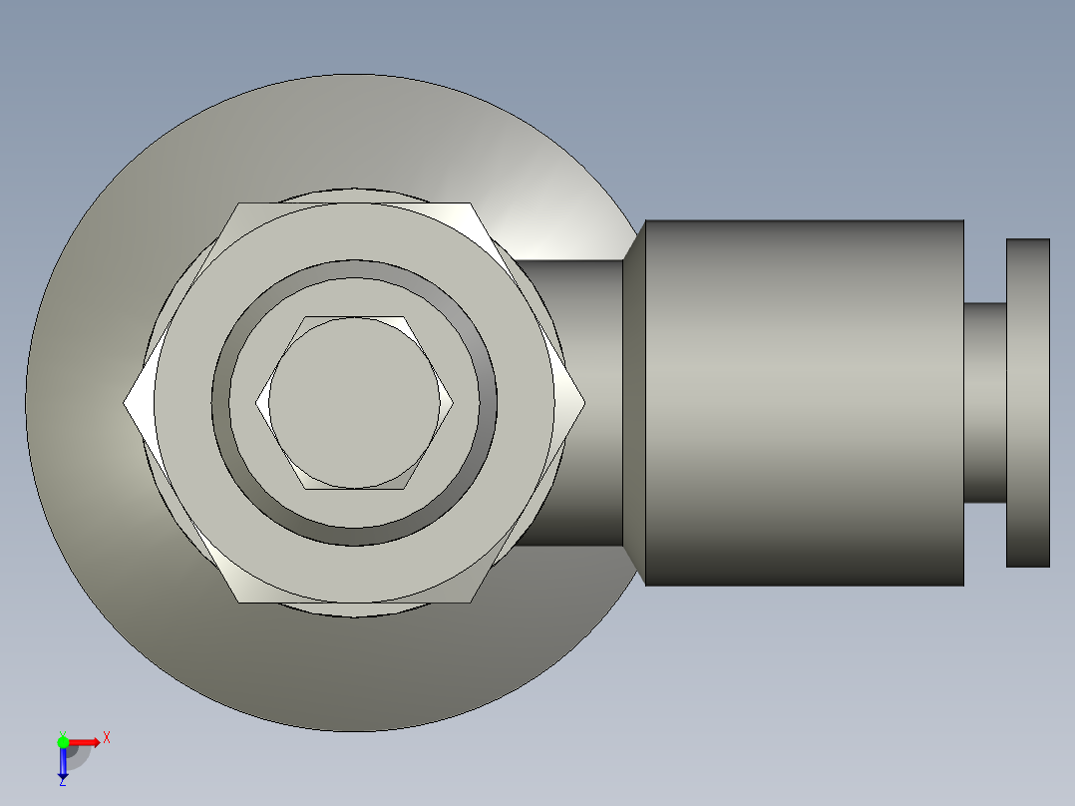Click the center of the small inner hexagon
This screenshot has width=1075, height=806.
[354, 403]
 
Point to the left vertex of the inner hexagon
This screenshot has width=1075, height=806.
[256, 403]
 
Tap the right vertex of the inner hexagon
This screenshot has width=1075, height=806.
[453, 403]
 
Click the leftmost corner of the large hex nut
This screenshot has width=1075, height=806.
[124, 403]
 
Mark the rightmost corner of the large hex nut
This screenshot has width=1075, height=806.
[584, 403]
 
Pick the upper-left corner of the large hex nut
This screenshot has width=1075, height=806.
[238, 203]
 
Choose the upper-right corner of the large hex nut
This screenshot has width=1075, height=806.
[471, 203]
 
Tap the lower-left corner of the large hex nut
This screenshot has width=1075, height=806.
[238, 603]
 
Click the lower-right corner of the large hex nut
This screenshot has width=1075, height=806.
[471, 603]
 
